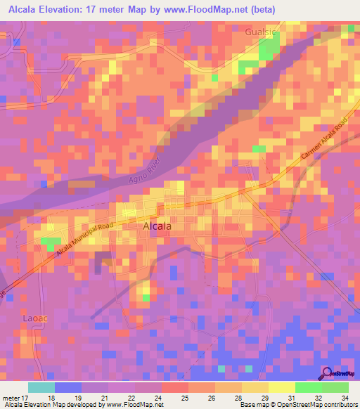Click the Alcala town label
(157, 226)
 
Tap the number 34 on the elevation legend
(343, 398)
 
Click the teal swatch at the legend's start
(41, 387)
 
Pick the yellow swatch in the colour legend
(281, 387)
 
